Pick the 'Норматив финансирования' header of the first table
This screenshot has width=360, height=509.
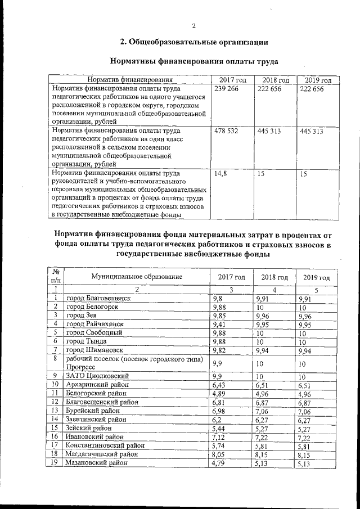129,80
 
